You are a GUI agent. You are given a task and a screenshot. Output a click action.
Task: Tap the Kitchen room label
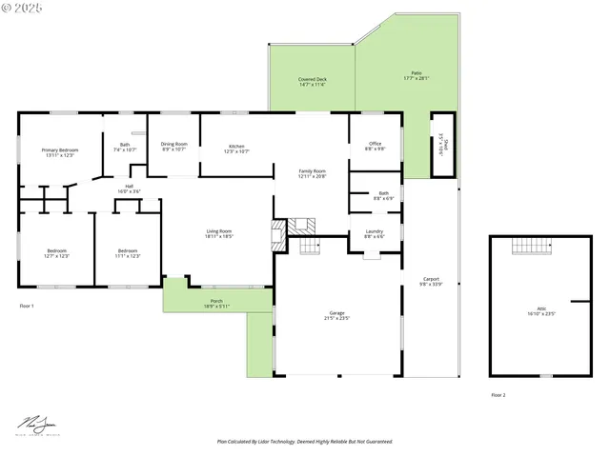[236, 149]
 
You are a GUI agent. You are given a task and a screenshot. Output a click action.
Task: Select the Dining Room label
[173, 146]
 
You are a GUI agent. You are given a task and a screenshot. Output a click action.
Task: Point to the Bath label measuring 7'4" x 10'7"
[125, 148]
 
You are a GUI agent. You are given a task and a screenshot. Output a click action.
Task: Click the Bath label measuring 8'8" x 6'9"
[383, 195]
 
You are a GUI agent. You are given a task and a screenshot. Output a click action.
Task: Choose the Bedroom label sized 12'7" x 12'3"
[57, 253]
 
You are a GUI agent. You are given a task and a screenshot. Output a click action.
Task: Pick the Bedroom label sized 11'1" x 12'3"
[128, 253]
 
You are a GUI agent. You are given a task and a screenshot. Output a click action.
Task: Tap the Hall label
[129, 189]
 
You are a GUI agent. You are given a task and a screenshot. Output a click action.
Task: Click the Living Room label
[219, 233]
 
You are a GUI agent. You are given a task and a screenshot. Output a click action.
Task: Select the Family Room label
[313, 173]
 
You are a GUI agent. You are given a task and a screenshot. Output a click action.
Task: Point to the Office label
[376, 146]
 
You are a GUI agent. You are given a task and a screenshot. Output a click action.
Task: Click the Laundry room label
[374, 233]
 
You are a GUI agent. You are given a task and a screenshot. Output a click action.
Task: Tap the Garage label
[336, 314]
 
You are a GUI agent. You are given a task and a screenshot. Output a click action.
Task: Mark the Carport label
[431, 282]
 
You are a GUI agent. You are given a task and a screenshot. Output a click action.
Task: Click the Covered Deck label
[312, 82]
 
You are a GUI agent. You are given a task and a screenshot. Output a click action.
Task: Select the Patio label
[417, 75]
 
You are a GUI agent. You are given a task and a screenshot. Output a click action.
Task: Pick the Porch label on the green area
[216, 303]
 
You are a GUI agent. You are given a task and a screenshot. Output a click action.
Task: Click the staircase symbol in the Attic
[532, 246]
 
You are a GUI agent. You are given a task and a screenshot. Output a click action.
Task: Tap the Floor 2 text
[498, 394]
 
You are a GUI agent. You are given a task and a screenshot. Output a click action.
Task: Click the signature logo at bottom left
[39, 424]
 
